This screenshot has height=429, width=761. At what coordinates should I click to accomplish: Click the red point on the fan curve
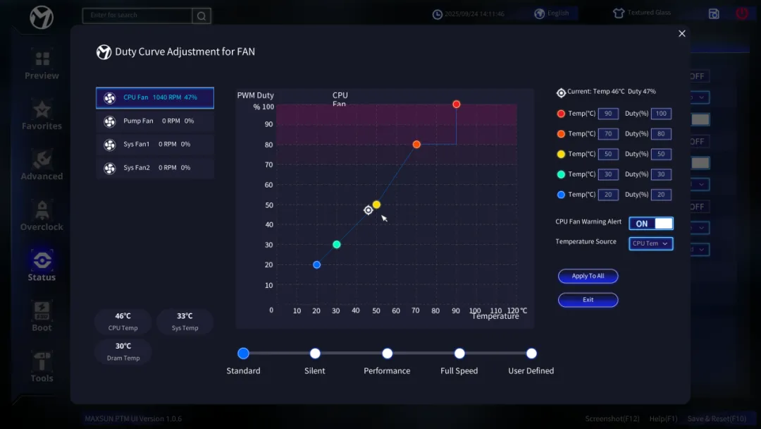(x=457, y=104)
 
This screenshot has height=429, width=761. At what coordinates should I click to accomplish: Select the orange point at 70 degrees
(x=416, y=145)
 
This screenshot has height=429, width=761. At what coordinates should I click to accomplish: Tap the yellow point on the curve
(x=376, y=205)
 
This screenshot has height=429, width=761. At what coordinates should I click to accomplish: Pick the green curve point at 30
(x=337, y=245)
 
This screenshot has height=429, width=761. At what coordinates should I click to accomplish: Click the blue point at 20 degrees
(x=317, y=265)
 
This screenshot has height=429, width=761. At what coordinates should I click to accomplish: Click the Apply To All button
(x=588, y=276)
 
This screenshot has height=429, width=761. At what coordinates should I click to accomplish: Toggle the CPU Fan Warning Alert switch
(x=650, y=224)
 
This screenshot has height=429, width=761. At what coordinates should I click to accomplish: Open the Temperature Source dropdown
(x=650, y=243)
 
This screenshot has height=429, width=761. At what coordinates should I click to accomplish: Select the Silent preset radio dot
(x=315, y=354)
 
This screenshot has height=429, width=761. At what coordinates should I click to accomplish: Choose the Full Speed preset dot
(x=459, y=354)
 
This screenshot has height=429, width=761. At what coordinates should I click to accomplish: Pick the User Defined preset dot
(x=531, y=354)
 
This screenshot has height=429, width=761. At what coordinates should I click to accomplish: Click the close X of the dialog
(x=682, y=34)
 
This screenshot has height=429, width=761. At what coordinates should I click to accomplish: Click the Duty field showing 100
(x=661, y=114)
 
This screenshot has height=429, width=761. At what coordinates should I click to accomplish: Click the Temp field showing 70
(x=608, y=134)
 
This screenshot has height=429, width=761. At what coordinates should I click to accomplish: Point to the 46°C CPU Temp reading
(x=123, y=316)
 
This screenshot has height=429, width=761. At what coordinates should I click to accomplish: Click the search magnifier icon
(x=202, y=16)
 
